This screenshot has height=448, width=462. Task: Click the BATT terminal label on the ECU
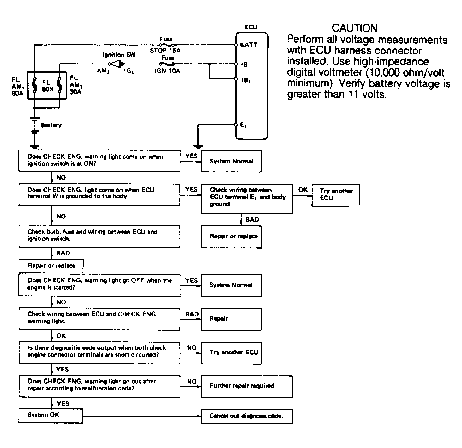pos(248,45)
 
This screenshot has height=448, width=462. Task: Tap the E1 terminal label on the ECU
pos(243,125)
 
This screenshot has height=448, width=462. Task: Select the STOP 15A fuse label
pos(165,50)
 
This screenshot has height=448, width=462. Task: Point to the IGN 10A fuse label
pos(167,71)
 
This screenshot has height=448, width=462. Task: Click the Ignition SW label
pos(119,55)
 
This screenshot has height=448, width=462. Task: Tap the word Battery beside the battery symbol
pos(51,125)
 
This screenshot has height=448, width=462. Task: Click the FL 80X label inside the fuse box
pos(47,86)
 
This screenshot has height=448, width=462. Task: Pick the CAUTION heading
pos(354,28)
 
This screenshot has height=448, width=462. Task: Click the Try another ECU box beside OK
pos(335,195)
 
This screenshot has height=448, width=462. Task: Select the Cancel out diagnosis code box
pos(247,416)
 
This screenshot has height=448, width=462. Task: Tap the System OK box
pos(51,416)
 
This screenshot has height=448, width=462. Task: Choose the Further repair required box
pos(247,386)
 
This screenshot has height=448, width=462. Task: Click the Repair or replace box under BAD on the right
pos(231,237)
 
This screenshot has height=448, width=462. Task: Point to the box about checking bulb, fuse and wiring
pos(99,236)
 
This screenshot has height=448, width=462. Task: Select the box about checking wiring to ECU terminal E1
pos(247,199)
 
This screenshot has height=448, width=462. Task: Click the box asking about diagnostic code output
pos(99,353)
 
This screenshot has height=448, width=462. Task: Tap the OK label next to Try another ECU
pos(303,190)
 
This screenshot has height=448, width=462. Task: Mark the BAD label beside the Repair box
pos(192,314)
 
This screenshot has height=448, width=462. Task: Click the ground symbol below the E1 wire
pos(198,147)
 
